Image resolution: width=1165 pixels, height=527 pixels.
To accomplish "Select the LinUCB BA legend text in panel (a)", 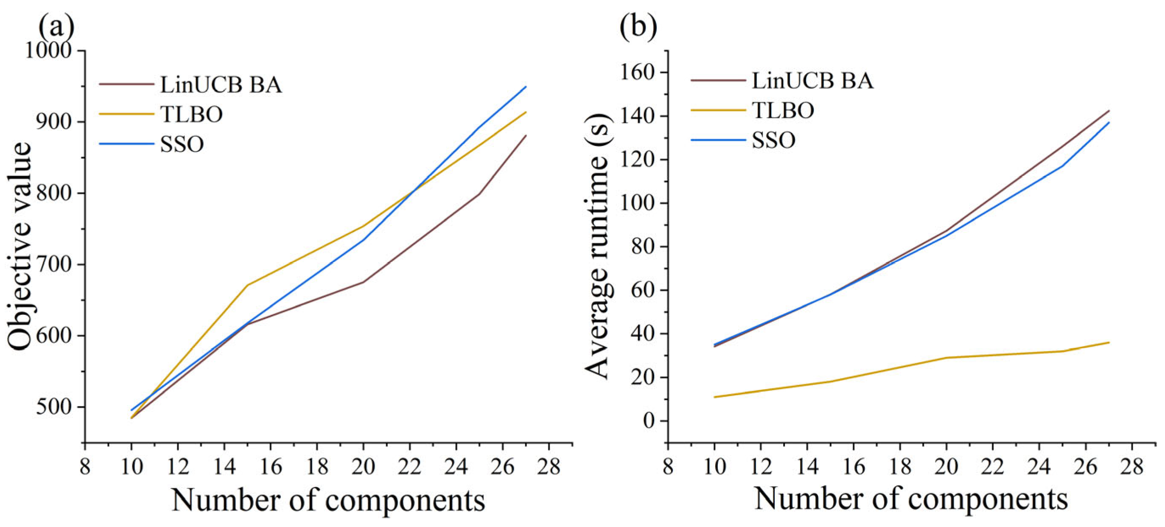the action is click(x=221, y=84).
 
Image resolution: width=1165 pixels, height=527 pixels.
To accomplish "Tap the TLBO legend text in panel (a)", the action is click(x=191, y=114).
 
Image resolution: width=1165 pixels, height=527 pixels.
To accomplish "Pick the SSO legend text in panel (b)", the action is click(x=773, y=140).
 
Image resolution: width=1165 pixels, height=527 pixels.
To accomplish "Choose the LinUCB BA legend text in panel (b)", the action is click(x=812, y=81).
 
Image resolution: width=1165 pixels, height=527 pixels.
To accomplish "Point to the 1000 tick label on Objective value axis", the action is click(x=48, y=50).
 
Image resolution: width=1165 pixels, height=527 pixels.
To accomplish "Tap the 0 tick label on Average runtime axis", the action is click(x=649, y=420).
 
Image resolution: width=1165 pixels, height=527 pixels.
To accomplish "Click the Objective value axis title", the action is click(x=20, y=247).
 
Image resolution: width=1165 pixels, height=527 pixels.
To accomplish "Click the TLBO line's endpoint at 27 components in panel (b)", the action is click(x=1109, y=342).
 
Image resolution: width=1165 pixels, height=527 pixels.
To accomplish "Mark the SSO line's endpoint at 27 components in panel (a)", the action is click(x=526, y=87).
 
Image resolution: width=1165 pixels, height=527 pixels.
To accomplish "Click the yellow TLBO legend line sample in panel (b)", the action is click(x=718, y=110).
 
